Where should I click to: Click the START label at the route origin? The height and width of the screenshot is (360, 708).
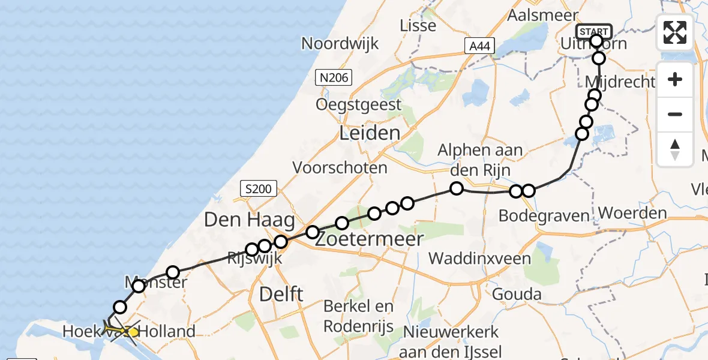(593, 31)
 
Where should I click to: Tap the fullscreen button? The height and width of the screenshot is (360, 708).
(675, 32)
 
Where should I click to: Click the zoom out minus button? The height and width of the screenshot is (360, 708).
(675, 114)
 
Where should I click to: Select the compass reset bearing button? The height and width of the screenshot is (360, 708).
(675, 149)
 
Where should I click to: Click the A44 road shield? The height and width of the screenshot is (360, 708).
(479, 46)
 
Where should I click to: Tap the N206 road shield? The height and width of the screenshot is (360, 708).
(333, 77)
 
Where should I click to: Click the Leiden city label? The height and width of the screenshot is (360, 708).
(370, 133)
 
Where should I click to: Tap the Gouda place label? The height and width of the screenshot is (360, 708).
(517, 294)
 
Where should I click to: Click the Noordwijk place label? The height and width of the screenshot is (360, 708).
(340, 43)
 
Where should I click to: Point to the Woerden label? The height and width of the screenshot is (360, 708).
(632, 213)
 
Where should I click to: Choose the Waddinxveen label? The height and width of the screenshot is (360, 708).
(480, 259)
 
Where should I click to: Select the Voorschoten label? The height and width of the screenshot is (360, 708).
(340, 167)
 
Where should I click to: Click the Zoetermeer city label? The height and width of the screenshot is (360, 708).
(369, 238)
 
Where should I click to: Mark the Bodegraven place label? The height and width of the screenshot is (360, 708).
(544, 215)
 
